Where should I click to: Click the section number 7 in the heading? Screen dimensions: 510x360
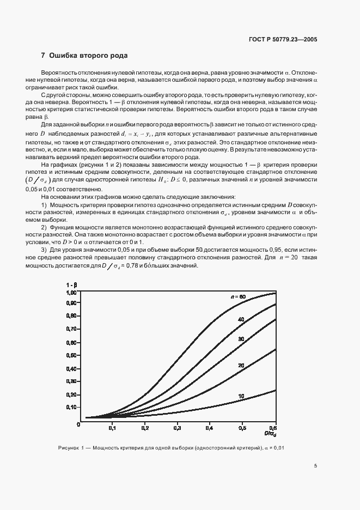(43, 56)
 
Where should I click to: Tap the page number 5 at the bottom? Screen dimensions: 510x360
(316, 466)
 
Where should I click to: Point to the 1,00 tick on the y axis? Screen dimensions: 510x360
(71, 293)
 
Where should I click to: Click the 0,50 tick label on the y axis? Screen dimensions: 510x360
(71, 356)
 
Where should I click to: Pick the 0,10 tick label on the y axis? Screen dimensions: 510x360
(71, 407)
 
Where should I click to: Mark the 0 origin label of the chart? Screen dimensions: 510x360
(79, 427)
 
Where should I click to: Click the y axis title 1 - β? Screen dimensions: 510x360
(71, 284)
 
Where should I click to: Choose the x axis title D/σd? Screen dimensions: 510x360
(270, 434)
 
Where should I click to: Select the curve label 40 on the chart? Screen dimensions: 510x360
(240, 319)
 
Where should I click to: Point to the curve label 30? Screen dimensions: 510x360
(240, 339)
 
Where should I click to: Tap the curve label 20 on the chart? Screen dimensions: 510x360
(240, 365)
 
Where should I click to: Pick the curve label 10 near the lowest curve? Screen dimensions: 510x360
(240, 396)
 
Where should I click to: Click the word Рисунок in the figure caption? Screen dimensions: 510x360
(68, 448)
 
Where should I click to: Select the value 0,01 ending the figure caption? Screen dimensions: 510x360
(278, 448)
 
